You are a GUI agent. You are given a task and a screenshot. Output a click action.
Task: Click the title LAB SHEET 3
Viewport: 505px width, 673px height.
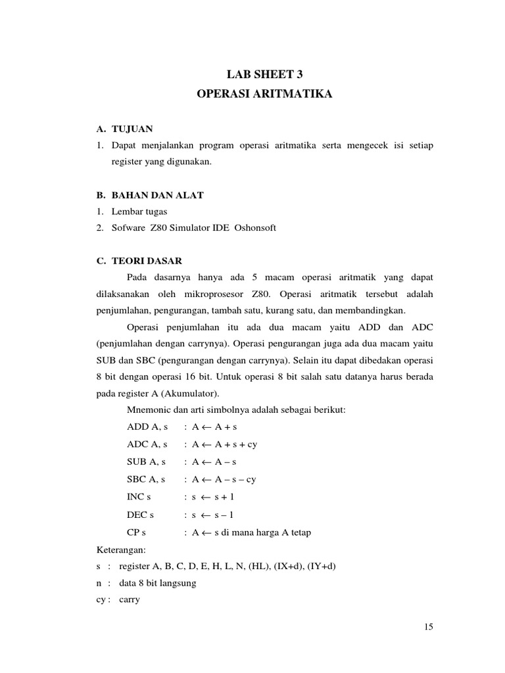click(x=265, y=75)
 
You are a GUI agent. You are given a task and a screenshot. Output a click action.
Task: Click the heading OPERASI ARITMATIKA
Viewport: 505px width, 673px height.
click(x=265, y=95)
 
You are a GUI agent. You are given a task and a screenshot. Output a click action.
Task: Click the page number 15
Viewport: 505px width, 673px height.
click(x=429, y=627)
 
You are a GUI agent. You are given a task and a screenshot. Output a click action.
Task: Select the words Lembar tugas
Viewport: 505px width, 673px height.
click(x=139, y=211)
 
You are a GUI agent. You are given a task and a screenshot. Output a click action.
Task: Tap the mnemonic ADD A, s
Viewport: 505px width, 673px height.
click(x=147, y=427)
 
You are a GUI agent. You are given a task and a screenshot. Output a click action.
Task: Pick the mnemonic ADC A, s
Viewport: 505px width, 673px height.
click(x=147, y=444)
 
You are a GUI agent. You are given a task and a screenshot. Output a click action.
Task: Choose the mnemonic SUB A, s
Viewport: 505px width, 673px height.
click(x=147, y=462)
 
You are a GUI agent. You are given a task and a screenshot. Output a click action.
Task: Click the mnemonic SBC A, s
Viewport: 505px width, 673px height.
click(x=147, y=479)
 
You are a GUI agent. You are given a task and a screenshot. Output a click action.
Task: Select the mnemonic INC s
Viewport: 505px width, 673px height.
click(x=139, y=497)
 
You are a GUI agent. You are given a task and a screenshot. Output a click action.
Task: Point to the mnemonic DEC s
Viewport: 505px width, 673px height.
click(x=140, y=514)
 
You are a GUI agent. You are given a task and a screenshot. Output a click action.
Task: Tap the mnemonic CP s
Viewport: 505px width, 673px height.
click(x=137, y=532)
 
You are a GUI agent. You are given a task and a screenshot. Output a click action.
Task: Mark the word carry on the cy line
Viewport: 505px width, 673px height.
click(x=130, y=600)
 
